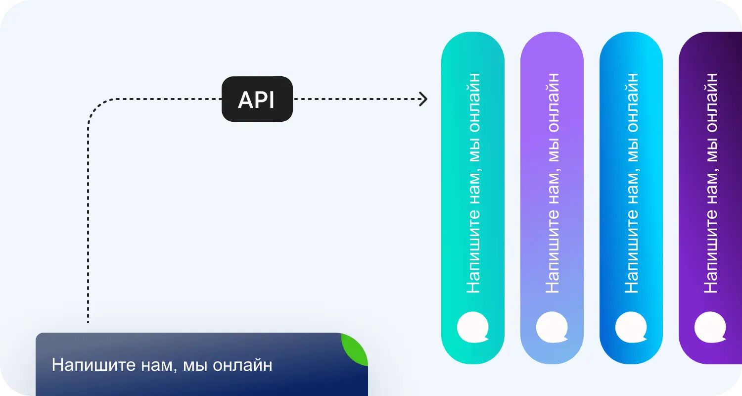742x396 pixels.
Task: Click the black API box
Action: pyautogui.click(x=257, y=99)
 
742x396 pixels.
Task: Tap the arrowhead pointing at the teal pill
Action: pyautogui.click(x=423, y=99)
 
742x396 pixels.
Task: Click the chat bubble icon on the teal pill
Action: pyautogui.click(x=473, y=327)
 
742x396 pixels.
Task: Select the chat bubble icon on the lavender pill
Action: pyautogui.click(x=552, y=327)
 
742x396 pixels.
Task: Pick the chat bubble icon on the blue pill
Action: pyautogui.click(x=631, y=327)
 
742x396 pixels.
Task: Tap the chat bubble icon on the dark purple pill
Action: pyautogui.click(x=710, y=327)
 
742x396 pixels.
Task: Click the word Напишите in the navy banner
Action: pyautogui.click(x=94, y=365)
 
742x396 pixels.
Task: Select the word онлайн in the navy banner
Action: pyautogui.click(x=242, y=365)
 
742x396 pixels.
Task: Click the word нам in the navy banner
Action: pyautogui.click(x=157, y=366)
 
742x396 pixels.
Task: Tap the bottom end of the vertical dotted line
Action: pyautogui.click(x=88, y=322)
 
